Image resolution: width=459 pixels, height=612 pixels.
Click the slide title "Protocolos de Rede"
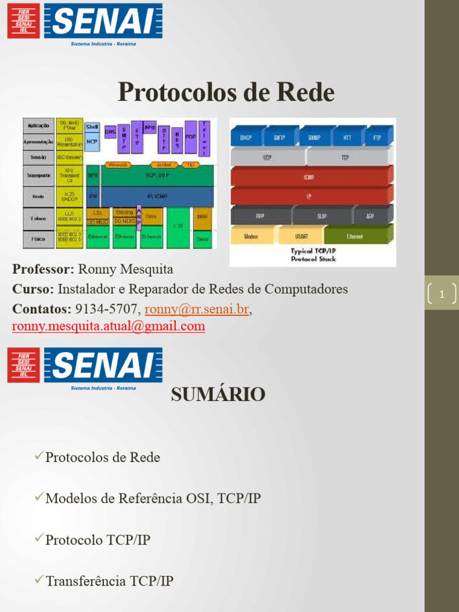(226, 93)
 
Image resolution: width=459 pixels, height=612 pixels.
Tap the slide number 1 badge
(442, 294)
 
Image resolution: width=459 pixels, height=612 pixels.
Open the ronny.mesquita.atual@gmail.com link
(109, 326)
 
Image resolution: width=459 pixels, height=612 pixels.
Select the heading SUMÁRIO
(218, 394)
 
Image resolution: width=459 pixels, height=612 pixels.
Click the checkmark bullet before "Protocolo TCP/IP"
(39, 539)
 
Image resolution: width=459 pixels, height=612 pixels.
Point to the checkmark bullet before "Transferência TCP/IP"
(39, 580)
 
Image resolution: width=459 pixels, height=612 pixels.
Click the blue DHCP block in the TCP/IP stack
(246, 137)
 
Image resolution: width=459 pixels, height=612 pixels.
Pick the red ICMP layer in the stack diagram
(309, 178)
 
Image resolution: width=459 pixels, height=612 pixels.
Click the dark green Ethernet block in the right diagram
(355, 236)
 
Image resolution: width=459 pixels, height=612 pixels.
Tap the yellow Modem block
(251, 236)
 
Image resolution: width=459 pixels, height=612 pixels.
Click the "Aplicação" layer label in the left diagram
(38, 126)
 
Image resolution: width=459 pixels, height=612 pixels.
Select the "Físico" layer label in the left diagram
(38, 238)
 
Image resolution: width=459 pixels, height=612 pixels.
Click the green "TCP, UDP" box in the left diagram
(157, 176)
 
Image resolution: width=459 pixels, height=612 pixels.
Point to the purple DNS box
(110, 131)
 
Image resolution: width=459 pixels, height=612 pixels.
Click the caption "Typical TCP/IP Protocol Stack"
(313, 255)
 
